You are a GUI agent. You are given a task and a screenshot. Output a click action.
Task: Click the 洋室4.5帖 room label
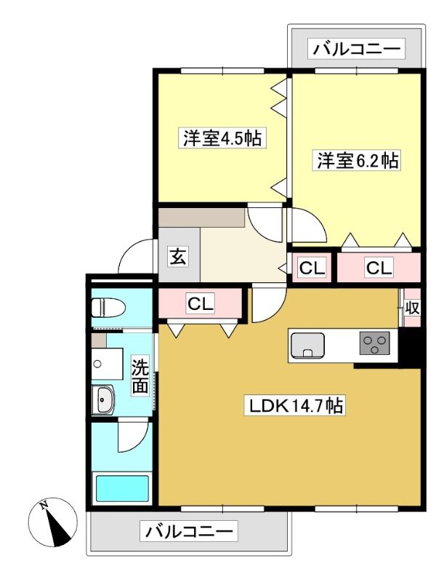click(222, 138)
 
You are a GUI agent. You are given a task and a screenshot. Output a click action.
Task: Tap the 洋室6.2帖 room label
click(358, 161)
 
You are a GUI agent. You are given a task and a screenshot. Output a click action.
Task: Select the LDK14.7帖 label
click(295, 405)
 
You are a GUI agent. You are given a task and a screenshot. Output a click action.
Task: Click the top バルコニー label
click(356, 49)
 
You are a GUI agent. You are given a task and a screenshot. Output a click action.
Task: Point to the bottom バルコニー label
click(189, 531)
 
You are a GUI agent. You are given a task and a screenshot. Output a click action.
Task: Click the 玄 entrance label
click(178, 257)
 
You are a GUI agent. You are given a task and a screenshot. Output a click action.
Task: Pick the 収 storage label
click(412, 307)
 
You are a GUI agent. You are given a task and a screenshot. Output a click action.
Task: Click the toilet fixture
click(108, 308)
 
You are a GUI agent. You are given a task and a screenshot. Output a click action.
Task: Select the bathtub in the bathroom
click(122, 488)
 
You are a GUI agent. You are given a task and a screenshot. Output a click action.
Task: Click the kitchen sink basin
click(307, 346)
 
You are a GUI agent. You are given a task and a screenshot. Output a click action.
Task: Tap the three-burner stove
click(375, 343)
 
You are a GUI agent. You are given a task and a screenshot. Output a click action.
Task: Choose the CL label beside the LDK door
click(201, 304)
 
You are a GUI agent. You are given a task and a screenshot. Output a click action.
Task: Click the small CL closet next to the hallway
click(312, 268)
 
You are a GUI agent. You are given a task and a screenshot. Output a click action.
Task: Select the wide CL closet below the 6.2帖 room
click(379, 268)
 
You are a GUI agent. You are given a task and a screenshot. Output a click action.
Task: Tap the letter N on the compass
click(44, 505)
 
